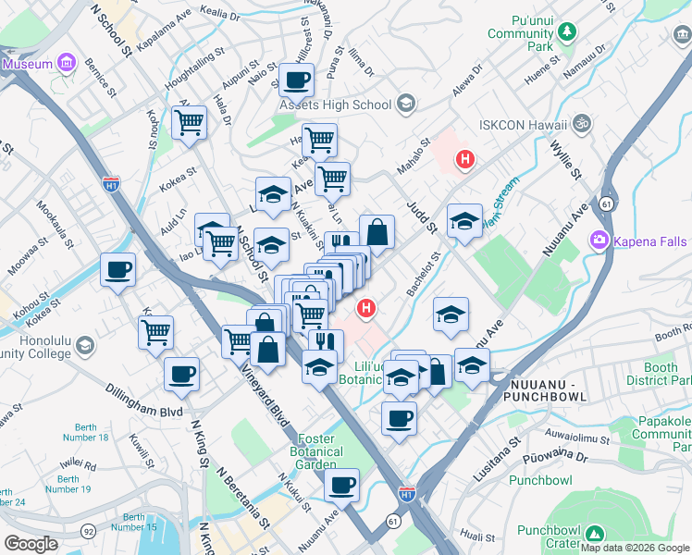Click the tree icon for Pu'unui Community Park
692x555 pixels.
[x=565, y=33]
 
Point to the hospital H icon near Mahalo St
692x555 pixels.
[x=465, y=161]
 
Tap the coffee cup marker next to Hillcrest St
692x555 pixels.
[x=296, y=80]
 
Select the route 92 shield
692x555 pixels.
[x=88, y=532]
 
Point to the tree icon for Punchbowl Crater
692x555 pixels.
[x=594, y=535]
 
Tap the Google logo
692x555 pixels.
[x=31, y=543]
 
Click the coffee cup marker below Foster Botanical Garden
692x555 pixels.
[x=341, y=484]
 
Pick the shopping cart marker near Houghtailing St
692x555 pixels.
[x=189, y=121]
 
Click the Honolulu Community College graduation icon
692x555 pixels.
[x=85, y=346]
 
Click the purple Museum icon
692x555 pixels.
[x=66, y=64]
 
